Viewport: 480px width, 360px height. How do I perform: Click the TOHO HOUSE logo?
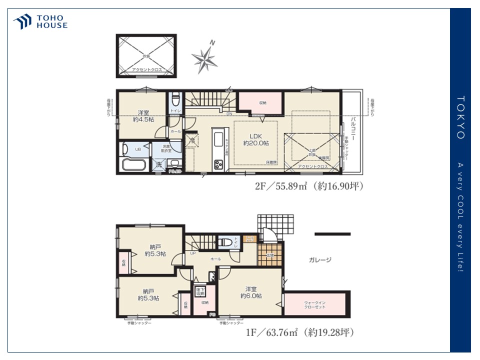(40, 21)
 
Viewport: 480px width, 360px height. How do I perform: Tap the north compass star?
(205, 58)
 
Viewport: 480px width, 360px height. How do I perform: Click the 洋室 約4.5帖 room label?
(142, 116)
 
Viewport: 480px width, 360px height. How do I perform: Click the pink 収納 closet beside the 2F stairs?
(262, 102)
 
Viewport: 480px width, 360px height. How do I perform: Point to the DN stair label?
(228, 114)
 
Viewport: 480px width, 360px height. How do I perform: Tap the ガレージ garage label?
(320, 259)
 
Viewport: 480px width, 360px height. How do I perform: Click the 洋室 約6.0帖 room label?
(251, 292)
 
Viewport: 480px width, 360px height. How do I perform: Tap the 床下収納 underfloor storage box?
(198, 290)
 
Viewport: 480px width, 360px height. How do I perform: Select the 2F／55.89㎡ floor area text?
(308, 186)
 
